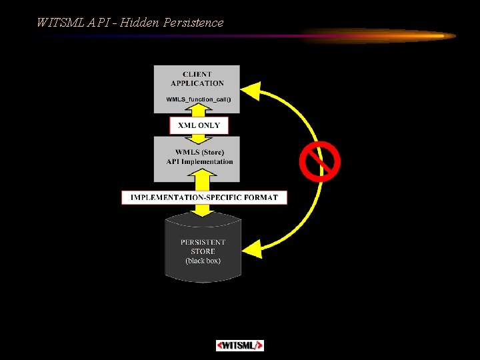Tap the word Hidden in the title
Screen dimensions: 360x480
coord(138,23)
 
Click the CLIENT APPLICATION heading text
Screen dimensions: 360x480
coord(197,79)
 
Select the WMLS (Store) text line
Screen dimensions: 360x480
coord(199,152)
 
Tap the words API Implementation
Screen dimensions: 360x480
coord(199,161)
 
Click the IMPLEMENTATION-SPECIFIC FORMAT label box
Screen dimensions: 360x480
coord(204,197)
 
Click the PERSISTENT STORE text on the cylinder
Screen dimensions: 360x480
coord(203,247)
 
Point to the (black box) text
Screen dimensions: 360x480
coord(203,261)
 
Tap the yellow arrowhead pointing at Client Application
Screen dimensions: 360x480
coord(250,90)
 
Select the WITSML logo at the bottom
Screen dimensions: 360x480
coord(240,345)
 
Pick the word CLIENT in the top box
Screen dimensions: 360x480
coord(197,74)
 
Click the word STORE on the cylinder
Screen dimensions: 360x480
coord(203,251)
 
